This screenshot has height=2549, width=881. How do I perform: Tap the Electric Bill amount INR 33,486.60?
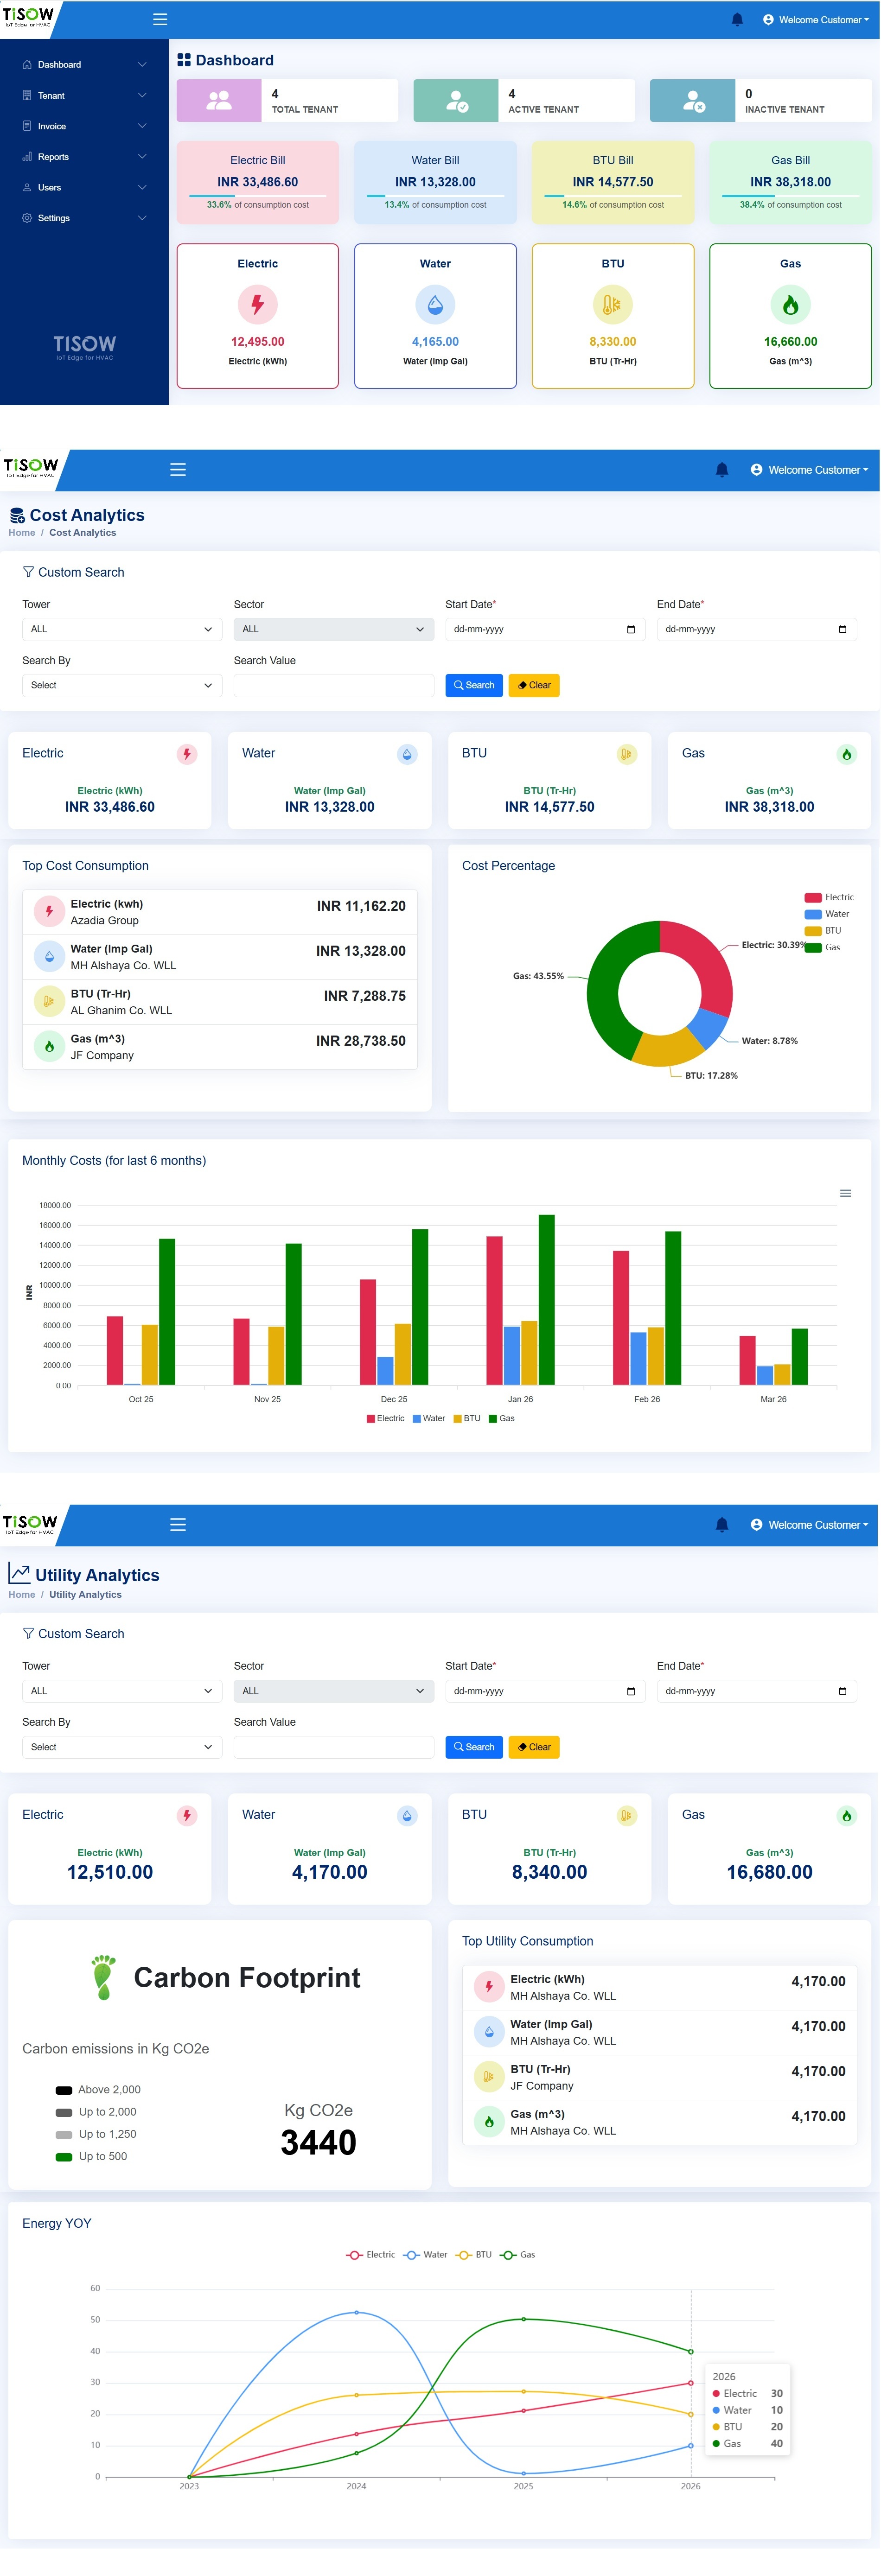pos(257,182)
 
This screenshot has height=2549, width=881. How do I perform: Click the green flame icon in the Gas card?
pos(790,305)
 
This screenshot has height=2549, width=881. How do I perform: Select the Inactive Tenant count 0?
pos(748,94)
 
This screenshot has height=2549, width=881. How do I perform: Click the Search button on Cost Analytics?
pos(474,685)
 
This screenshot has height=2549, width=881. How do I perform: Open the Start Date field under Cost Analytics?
pos(544,629)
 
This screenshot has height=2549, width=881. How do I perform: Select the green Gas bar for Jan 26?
pos(546,1299)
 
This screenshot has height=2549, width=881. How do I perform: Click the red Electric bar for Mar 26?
pos(747,1360)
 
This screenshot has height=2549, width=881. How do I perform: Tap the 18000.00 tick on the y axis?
pos(56,1205)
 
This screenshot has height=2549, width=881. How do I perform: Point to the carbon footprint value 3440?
pos(318,2142)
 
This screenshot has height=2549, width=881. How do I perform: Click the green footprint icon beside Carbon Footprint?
pos(103,1977)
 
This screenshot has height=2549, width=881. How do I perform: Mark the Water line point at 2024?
pos(357,2313)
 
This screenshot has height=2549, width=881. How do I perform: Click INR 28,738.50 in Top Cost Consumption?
pos(360,1041)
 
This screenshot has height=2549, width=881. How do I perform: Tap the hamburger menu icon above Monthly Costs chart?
pos(845,1193)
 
